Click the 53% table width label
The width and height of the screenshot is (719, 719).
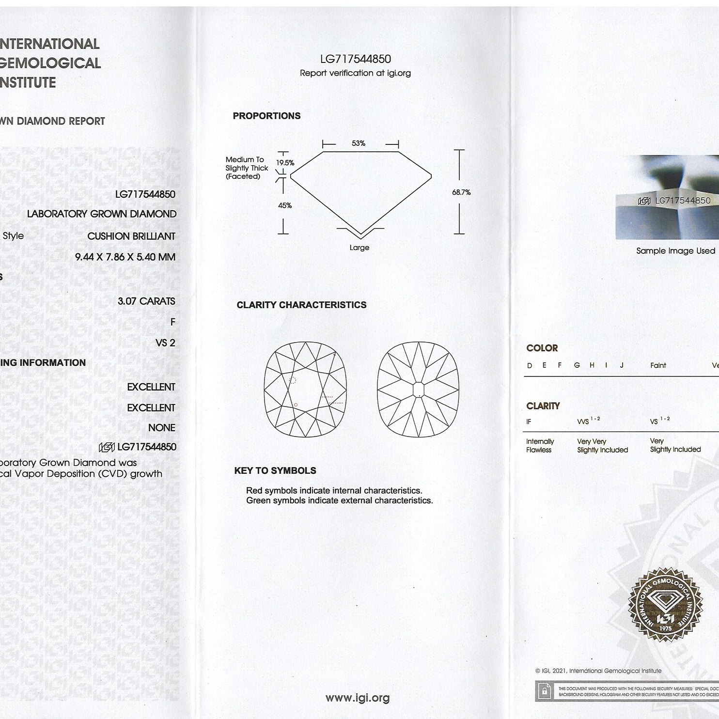[x=359, y=143]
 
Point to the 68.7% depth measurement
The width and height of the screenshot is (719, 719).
[x=461, y=192]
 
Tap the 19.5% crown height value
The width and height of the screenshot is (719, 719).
[x=285, y=163]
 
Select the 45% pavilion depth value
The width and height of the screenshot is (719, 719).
[x=285, y=205]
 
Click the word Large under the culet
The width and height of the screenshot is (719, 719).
[x=359, y=248]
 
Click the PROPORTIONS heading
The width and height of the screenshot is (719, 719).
[x=266, y=116]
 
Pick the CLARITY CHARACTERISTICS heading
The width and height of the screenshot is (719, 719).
[x=301, y=305]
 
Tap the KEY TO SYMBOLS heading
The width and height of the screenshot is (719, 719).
[x=275, y=470]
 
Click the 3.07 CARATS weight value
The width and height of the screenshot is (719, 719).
[x=146, y=301]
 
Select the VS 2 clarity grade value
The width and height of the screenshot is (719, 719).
[x=165, y=343]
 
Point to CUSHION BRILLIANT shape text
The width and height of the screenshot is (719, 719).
[x=131, y=236]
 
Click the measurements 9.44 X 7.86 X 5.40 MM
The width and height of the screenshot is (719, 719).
[x=125, y=257]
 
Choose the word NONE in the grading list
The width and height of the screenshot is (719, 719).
[x=162, y=428]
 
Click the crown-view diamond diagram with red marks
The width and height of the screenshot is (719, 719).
[x=306, y=390]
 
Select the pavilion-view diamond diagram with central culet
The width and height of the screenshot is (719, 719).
[x=418, y=390]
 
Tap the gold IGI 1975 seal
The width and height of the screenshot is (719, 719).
[x=665, y=605]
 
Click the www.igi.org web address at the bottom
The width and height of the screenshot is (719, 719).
[x=358, y=698]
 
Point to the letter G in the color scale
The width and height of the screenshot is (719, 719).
[x=577, y=365]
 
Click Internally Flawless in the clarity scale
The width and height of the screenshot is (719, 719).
[x=540, y=446]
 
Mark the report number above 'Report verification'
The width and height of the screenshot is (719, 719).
[x=356, y=59]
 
